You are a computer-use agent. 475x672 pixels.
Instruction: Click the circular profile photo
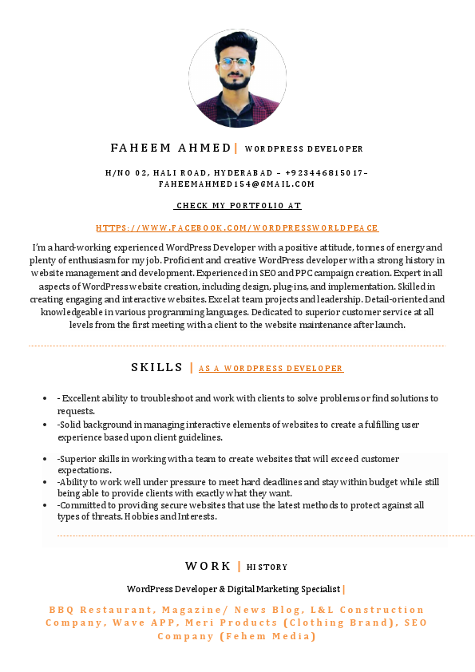click(x=237, y=78)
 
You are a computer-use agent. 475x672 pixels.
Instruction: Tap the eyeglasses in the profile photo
click(x=236, y=61)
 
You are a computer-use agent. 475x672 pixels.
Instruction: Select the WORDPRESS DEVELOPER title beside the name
click(x=303, y=149)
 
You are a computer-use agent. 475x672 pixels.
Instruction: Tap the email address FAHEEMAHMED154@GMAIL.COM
click(x=237, y=184)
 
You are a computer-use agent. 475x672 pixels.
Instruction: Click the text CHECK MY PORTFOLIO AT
click(x=238, y=206)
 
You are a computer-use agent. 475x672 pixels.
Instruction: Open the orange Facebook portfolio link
click(x=237, y=228)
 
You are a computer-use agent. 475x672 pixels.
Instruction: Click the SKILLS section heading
click(x=157, y=367)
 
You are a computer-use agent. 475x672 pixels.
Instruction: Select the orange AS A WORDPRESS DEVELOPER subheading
click(x=271, y=369)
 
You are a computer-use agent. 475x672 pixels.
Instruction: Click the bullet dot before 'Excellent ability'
click(x=46, y=398)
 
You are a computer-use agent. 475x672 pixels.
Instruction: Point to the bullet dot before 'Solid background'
click(x=46, y=425)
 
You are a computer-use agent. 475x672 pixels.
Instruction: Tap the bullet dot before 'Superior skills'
click(x=46, y=460)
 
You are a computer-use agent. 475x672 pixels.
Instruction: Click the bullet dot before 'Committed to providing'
click(x=46, y=505)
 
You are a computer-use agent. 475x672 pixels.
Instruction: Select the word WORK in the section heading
click(x=208, y=566)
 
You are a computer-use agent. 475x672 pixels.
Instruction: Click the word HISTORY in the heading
click(x=267, y=567)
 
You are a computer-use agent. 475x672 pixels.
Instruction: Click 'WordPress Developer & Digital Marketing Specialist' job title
click(x=233, y=589)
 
